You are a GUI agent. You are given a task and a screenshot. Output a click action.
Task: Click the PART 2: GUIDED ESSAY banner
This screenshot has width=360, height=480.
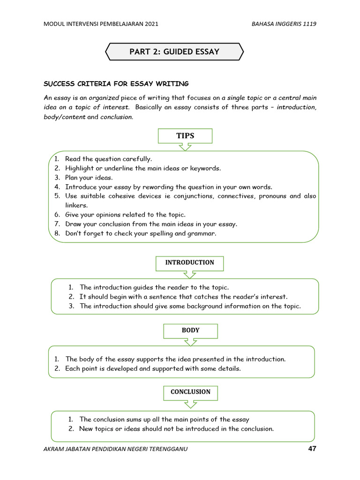(x=174, y=52)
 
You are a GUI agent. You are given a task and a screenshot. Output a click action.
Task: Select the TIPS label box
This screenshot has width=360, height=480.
(x=185, y=136)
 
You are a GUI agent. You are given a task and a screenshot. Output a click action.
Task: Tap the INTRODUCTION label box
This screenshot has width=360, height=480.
(x=189, y=263)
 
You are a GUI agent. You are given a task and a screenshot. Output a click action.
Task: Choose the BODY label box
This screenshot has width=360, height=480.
(x=190, y=330)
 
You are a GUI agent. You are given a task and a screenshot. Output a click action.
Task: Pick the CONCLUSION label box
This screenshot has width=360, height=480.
(x=190, y=392)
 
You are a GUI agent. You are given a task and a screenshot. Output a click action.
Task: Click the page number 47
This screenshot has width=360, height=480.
(x=312, y=449)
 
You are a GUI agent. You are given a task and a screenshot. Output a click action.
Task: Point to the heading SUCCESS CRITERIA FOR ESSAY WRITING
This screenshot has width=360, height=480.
(x=116, y=84)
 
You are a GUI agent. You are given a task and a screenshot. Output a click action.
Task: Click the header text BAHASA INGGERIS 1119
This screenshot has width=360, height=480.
(x=284, y=24)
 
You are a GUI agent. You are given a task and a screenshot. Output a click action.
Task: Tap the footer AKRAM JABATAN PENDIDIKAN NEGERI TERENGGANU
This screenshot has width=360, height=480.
(x=115, y=449)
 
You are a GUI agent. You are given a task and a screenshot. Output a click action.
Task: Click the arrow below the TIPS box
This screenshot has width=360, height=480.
(x=185, y=147)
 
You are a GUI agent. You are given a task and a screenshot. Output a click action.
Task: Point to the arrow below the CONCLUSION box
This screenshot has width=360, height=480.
(x=190, y=404)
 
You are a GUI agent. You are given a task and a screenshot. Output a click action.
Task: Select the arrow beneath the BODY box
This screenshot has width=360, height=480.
(x=190, y=342)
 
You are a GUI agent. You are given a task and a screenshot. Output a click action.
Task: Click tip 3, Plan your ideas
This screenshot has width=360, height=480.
(x=89, y=177)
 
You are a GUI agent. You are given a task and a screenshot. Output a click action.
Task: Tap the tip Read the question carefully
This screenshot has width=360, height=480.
(x=108, y=159)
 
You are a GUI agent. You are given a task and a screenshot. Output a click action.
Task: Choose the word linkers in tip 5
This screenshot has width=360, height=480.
(x=76, y=205)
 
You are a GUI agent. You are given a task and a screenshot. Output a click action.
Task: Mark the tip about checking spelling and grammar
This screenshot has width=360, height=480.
(x=141, y=233)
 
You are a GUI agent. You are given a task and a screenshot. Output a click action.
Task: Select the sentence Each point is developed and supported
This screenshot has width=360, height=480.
(x=153, y=368)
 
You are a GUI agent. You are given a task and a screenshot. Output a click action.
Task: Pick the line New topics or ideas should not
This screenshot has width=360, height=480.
(x=176, y=428)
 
